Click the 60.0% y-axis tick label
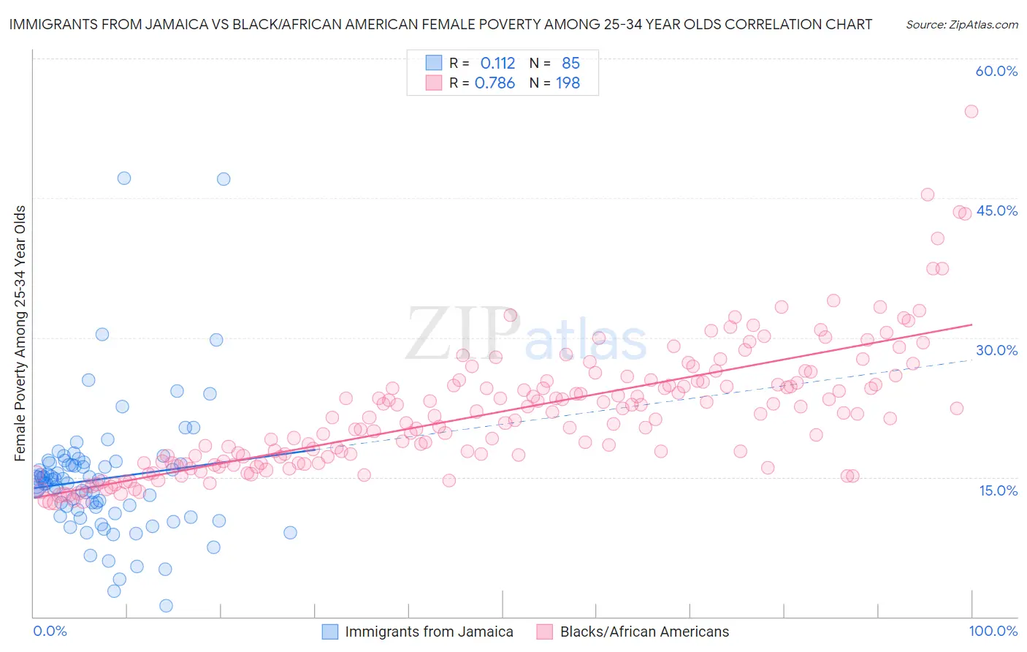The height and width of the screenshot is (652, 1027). (x=996, y=71)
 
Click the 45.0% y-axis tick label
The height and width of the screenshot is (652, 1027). (x=996, y=211)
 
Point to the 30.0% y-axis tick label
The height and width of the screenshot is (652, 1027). (x=996, y=350)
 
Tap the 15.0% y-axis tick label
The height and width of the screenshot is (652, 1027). (x=998, y=490)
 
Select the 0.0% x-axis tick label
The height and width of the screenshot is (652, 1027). (x=50, y=631)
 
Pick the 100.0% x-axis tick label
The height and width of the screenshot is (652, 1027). (x=993, y=631)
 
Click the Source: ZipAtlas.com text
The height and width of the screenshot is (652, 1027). (x=961, y=24)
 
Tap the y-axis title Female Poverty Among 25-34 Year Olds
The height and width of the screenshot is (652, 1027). (x=20, y=333)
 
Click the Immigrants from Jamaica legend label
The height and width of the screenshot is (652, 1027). (x=429, y=632)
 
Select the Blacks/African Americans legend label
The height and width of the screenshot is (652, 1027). (x=644, y=632)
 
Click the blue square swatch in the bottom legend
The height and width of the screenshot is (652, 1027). (x=330, y=632)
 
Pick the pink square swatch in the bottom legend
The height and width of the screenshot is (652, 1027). (x=545, y=632)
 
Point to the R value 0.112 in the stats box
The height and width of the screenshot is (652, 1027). (x=497, y=63)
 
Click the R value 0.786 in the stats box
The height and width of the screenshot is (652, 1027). (x=495, y=83)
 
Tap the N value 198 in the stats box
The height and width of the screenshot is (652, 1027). (x=568, y=83)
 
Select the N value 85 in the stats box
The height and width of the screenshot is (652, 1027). (x=570, y=63)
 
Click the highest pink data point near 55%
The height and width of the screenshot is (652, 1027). (x=971, y=111)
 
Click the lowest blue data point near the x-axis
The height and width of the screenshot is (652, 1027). (x=166, y=605)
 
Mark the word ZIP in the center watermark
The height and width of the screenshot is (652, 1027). (x=462, y=334)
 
